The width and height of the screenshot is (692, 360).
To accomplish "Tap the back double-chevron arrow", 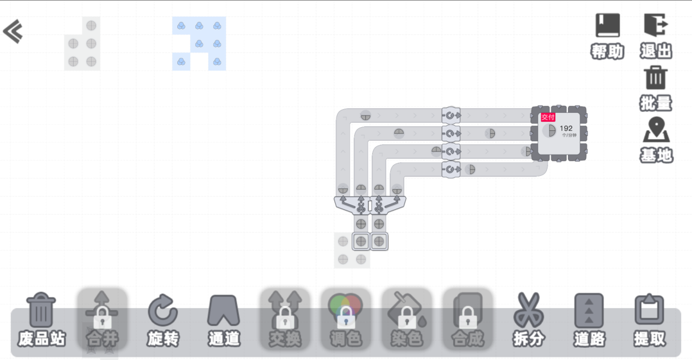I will [x=13, y=31].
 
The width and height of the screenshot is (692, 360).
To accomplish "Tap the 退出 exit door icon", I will [x=656, y=26].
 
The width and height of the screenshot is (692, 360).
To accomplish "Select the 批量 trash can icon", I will [x=655, y=78].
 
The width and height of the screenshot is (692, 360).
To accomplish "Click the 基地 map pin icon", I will [x=656, y=130].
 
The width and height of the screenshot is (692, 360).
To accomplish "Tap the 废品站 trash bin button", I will [x=42, y=311].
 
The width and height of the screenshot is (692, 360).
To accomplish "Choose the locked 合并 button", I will [x=102, y=311].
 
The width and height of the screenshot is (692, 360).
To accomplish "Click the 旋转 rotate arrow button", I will [x=163, y=311].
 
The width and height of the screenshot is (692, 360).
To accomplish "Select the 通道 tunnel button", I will [x=223, y=311].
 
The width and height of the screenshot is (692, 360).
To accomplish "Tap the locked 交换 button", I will [x=284, y=311].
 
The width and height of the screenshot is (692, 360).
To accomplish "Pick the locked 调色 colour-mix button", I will [x=345, y=311].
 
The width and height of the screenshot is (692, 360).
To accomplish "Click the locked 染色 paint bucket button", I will [x=406, y=311].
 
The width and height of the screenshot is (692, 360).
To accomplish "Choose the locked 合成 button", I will [x=467, y=311].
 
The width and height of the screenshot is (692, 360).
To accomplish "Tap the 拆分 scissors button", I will [x=528, y=311].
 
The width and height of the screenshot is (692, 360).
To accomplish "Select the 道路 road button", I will [x=589, y=311].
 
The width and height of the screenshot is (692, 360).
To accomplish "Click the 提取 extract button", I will [x=650, y=311].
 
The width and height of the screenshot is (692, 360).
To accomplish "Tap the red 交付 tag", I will [x=548, y=117].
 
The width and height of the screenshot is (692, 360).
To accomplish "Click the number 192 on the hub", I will [x=566, y=128].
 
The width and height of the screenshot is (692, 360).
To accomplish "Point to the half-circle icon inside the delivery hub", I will [x=549, y=131].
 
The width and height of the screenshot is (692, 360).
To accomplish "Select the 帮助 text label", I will [x=607, y=52].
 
